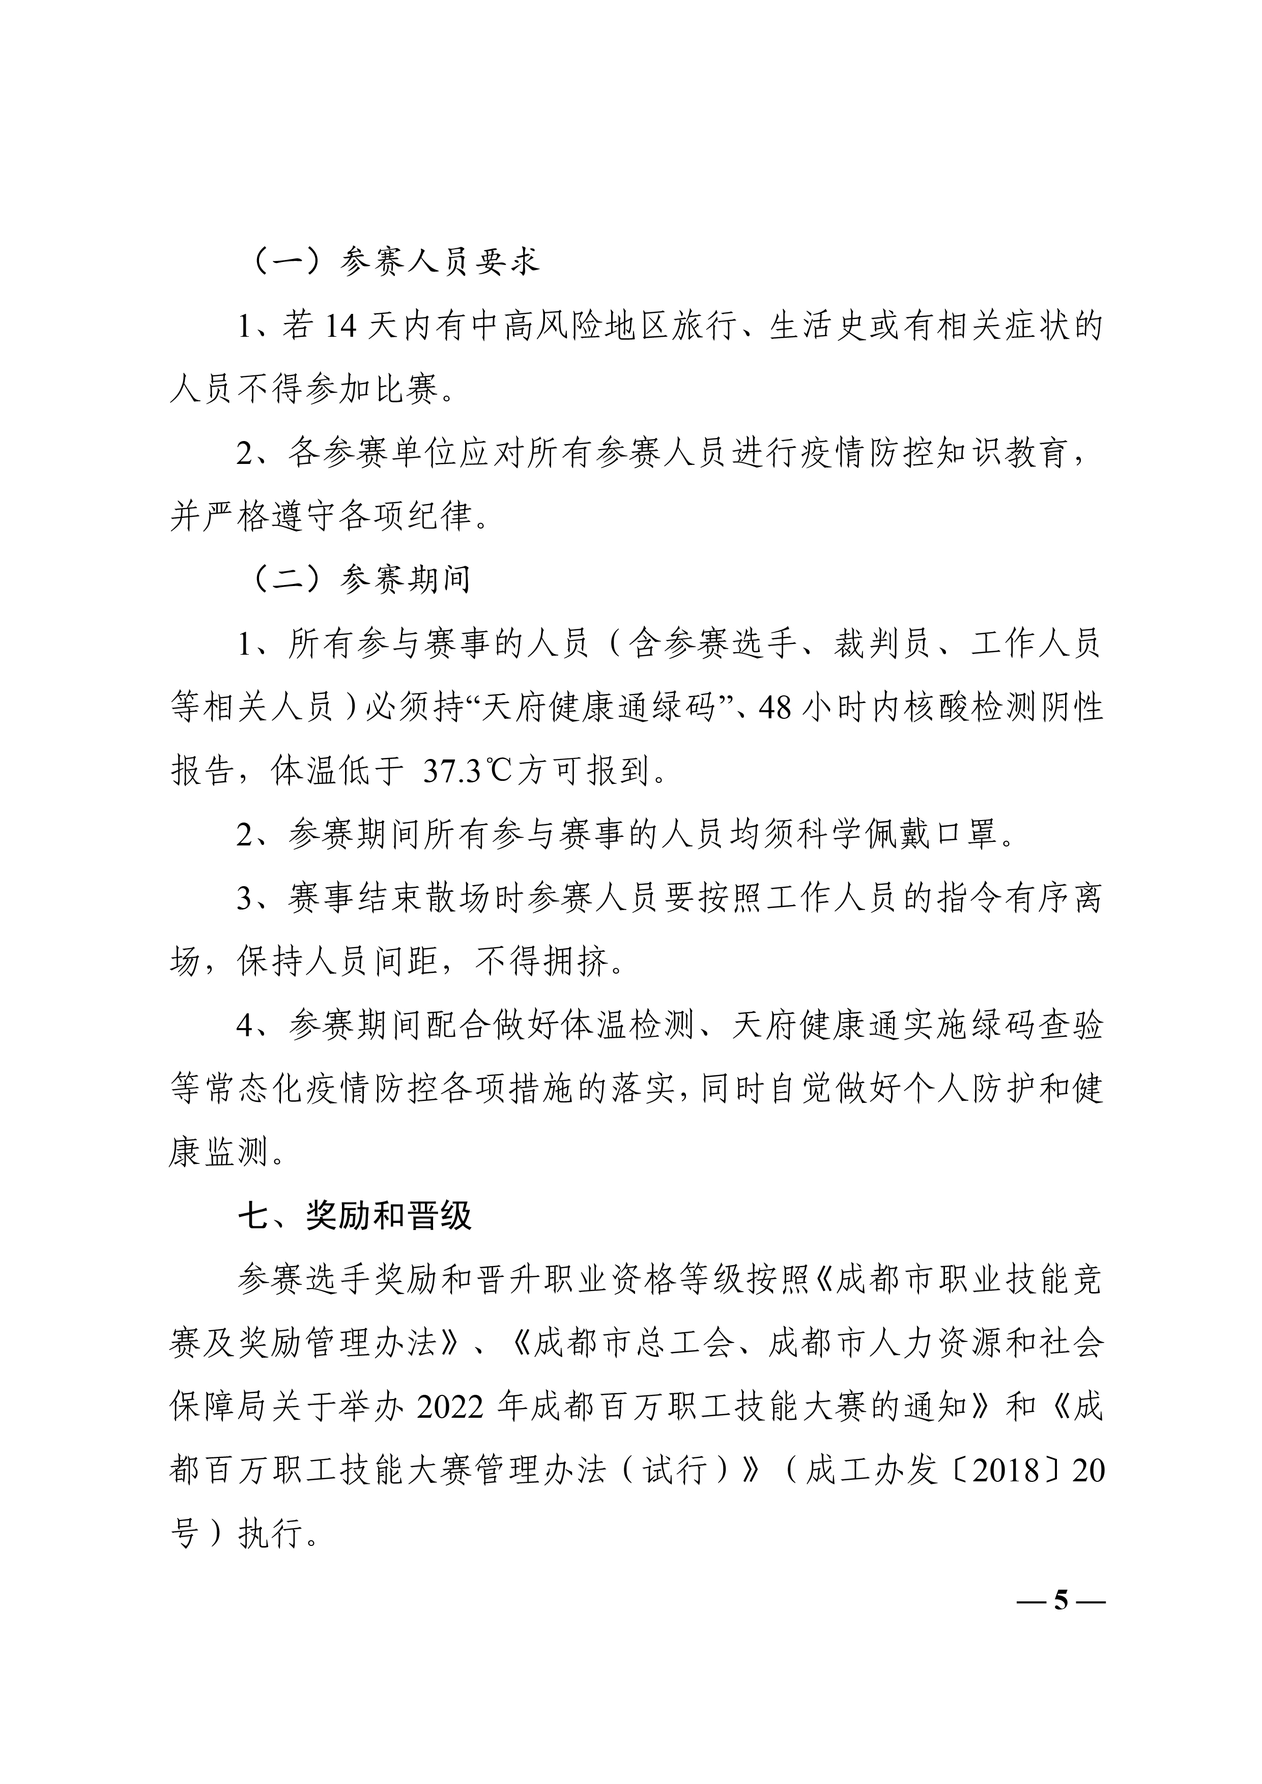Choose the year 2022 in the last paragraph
click(451, 1407)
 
